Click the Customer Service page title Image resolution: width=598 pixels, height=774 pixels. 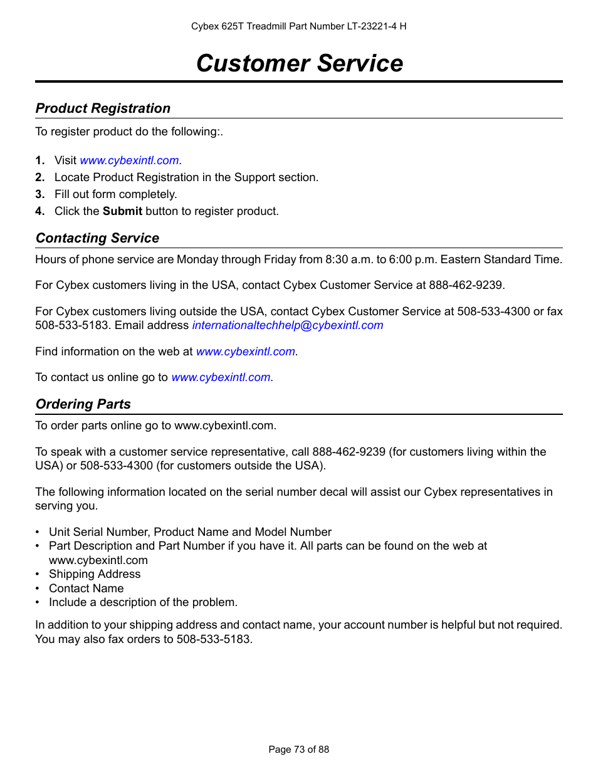299,63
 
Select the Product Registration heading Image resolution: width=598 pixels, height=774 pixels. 103,108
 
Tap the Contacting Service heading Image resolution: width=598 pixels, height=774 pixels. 97,238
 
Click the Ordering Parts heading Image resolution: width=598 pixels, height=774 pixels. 83,404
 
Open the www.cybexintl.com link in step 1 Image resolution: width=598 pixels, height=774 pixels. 129,160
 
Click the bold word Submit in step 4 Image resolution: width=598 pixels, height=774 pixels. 122,211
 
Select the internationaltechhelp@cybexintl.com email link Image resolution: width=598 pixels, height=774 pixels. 287,325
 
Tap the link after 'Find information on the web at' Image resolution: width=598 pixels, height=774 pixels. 245,352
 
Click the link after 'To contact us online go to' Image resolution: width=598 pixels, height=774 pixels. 221,377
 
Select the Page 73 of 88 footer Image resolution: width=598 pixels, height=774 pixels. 298,750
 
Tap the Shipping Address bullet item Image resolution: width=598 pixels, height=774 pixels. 95,574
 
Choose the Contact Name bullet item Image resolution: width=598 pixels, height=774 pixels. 87,588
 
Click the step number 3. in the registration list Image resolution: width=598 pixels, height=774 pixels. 39,194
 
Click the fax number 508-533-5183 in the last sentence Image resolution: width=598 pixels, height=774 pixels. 213,639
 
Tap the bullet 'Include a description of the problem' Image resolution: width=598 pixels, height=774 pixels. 143,602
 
